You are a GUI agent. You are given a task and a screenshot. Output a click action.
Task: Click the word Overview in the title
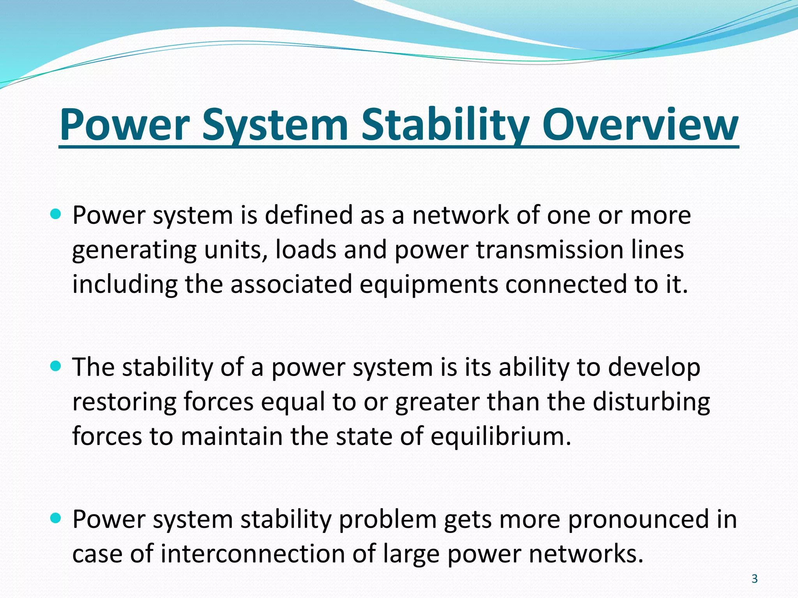pyautogui.click(x=640, y=125)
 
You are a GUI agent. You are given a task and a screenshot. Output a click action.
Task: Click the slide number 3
pyautogui.click(x=754, y=579)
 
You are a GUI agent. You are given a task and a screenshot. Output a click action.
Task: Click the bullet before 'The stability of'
pyautogui.click(x=56, y=366)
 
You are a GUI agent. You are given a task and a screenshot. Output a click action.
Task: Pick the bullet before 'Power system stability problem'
pyautogui.click(x=56, y=518)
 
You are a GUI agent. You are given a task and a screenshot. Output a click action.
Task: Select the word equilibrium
pyautogui.click(x=501, y=436)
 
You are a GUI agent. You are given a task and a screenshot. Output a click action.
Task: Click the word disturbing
pyautogui.click(x=651, y=401)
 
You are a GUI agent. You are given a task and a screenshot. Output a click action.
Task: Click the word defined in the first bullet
pyautogui.click(x=309, y=215)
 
